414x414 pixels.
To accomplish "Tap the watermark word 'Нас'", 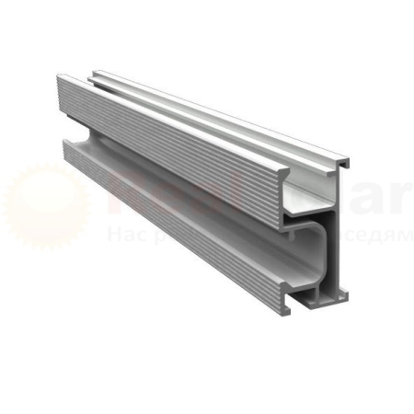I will point(121,236).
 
